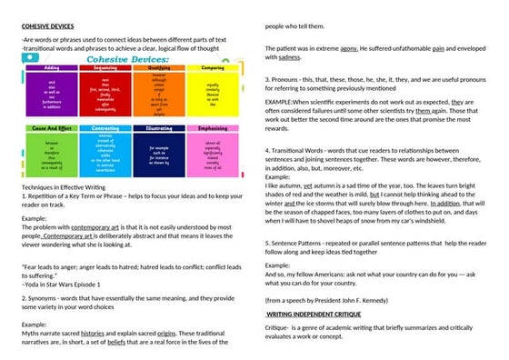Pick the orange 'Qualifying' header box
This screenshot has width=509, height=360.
[159, 67]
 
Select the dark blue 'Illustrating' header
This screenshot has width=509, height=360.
[159, 128]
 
